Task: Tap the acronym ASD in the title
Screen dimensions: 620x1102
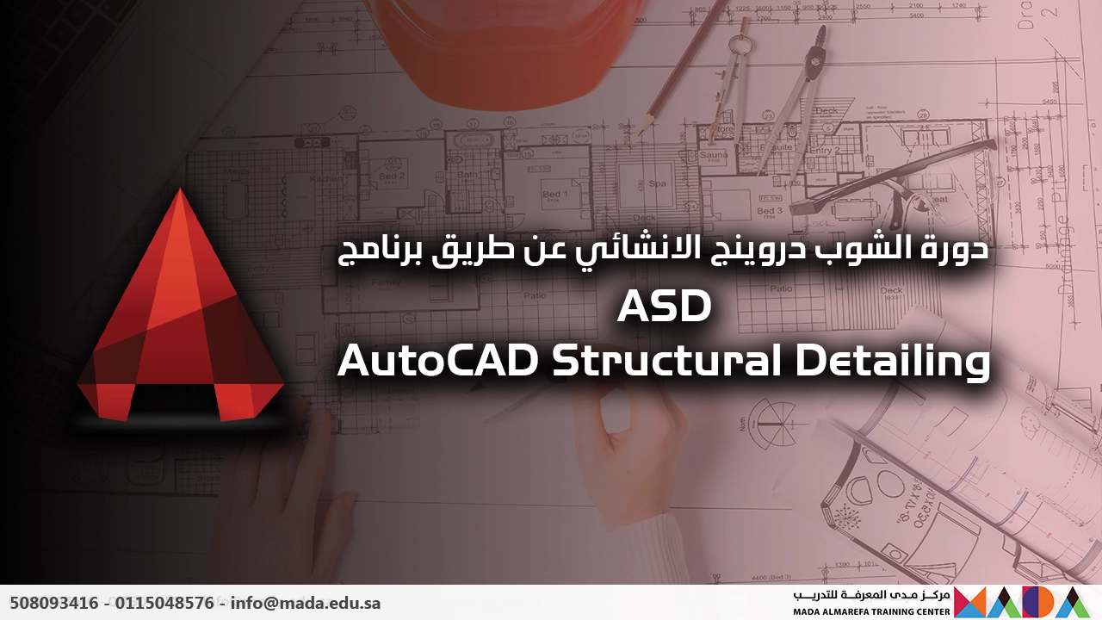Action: click(x=664, y=308)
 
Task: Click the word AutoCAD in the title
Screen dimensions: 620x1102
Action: click(x=438, y=362)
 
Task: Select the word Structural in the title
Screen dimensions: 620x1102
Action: click(x=666, y=362)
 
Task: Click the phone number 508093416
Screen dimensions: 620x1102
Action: click(x=54, y=603)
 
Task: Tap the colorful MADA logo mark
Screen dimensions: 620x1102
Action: click(x=1016, y=602)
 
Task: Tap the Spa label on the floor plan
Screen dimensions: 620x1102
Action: click(x=657, y=183)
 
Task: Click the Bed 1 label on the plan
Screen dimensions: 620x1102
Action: click(x=554, y=195)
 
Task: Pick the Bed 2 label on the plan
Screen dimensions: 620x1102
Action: click(x=392, y=176)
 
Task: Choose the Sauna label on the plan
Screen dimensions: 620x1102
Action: click(x=713, y=156)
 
